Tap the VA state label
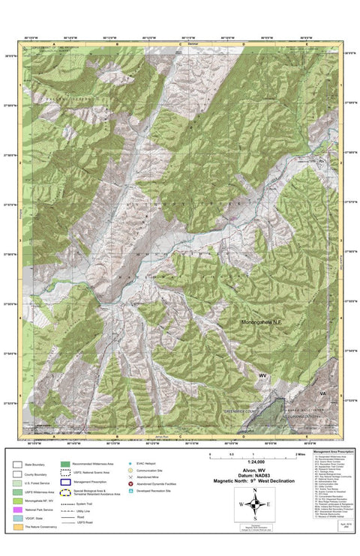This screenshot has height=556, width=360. pos(322,393)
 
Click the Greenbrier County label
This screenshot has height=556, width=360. pos(241,411)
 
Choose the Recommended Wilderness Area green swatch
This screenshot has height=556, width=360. pos(65,465)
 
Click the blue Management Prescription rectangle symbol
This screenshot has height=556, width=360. pos(65,483)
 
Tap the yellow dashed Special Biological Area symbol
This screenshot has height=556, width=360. pos(65,494)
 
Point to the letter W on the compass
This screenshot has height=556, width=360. pos(240,504)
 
